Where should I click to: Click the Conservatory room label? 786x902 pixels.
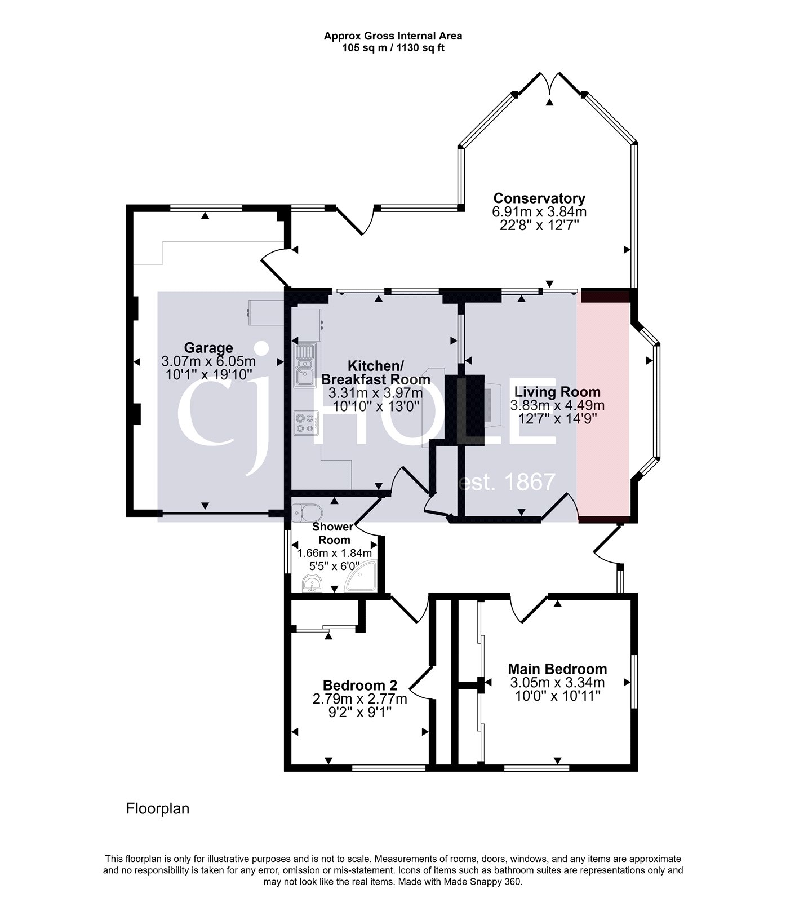539,198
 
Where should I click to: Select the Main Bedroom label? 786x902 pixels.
557,669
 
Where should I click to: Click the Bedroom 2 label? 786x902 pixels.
360,686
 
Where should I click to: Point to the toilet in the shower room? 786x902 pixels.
308,512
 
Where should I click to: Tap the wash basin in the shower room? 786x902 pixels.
310,584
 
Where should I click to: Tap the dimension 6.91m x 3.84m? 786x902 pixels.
539,213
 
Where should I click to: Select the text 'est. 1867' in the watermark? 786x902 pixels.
507,483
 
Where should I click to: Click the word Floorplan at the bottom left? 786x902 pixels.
157,809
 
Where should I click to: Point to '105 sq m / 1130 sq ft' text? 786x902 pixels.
393,48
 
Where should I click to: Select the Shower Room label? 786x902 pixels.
332,533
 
